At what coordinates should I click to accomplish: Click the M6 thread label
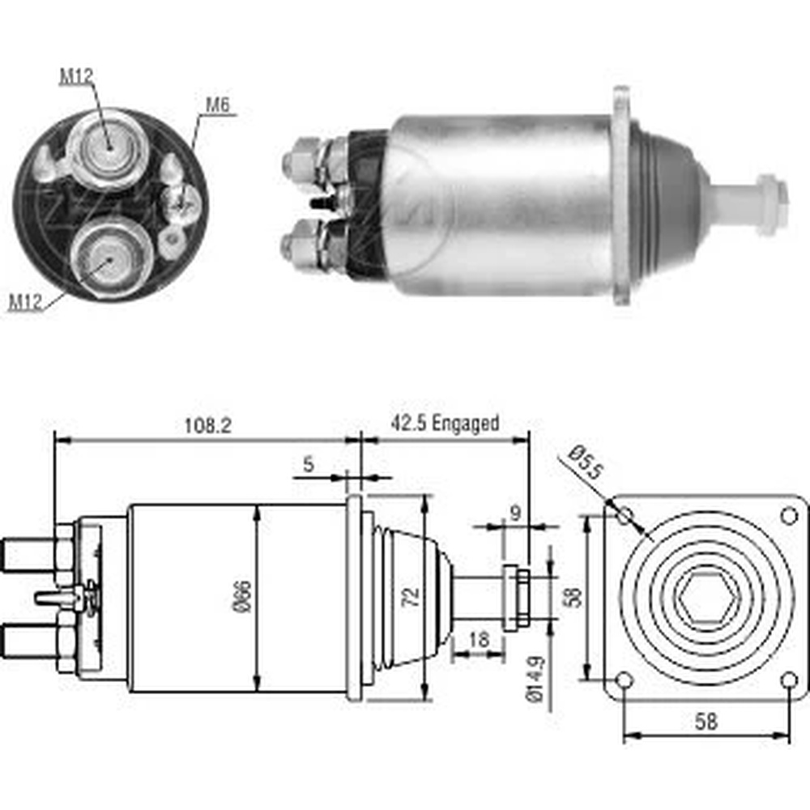pos(217,104)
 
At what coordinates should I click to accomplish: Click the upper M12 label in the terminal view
pos(76,76)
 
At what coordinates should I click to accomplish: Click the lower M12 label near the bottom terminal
pos(25,301)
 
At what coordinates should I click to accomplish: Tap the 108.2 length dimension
pos(208,426)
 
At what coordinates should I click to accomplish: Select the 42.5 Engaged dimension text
pos(445,423)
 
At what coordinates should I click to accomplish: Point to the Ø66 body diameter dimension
pos(243,596)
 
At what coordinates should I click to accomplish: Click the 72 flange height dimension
pos(411,597)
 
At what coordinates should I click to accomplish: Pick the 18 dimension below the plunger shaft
pos(479,639)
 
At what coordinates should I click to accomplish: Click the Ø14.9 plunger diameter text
pos(535,680)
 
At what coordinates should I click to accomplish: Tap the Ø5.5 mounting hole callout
pos(586,463)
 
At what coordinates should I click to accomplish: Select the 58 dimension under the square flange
pos(706,722)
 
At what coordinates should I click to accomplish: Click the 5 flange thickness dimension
pos(309,464)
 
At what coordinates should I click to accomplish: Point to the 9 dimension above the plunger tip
pos(515,514)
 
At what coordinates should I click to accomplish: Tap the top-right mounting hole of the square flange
pos(788,515)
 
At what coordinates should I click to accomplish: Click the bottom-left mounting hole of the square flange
pos(625,680)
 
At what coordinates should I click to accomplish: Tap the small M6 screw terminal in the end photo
pos(181,203)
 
